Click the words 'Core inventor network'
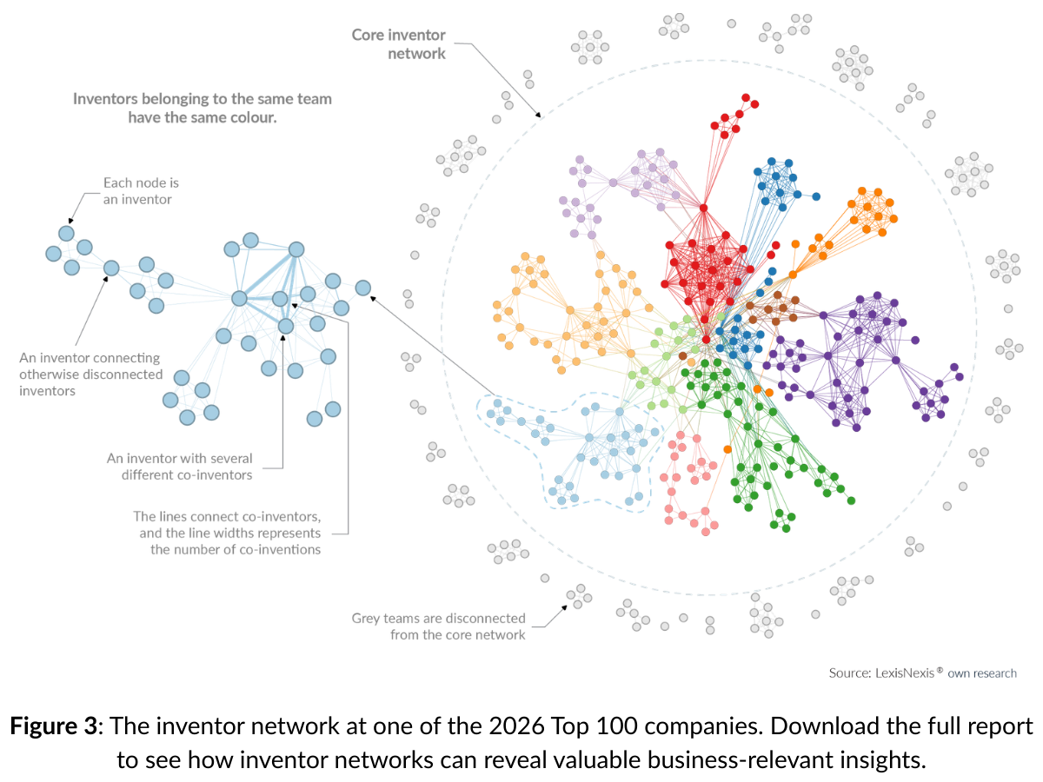398,44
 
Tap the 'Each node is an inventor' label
141,191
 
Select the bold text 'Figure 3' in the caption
53,726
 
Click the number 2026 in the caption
516,726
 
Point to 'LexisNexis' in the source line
905,673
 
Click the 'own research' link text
982,673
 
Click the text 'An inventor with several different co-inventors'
179,467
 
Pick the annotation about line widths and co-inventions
227,533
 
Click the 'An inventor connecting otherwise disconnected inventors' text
90,374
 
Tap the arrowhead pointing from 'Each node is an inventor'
70,221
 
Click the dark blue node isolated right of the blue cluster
816,196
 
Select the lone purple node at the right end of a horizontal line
915,340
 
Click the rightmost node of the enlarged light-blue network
362,288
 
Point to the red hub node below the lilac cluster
703,208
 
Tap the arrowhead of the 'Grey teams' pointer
565,606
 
